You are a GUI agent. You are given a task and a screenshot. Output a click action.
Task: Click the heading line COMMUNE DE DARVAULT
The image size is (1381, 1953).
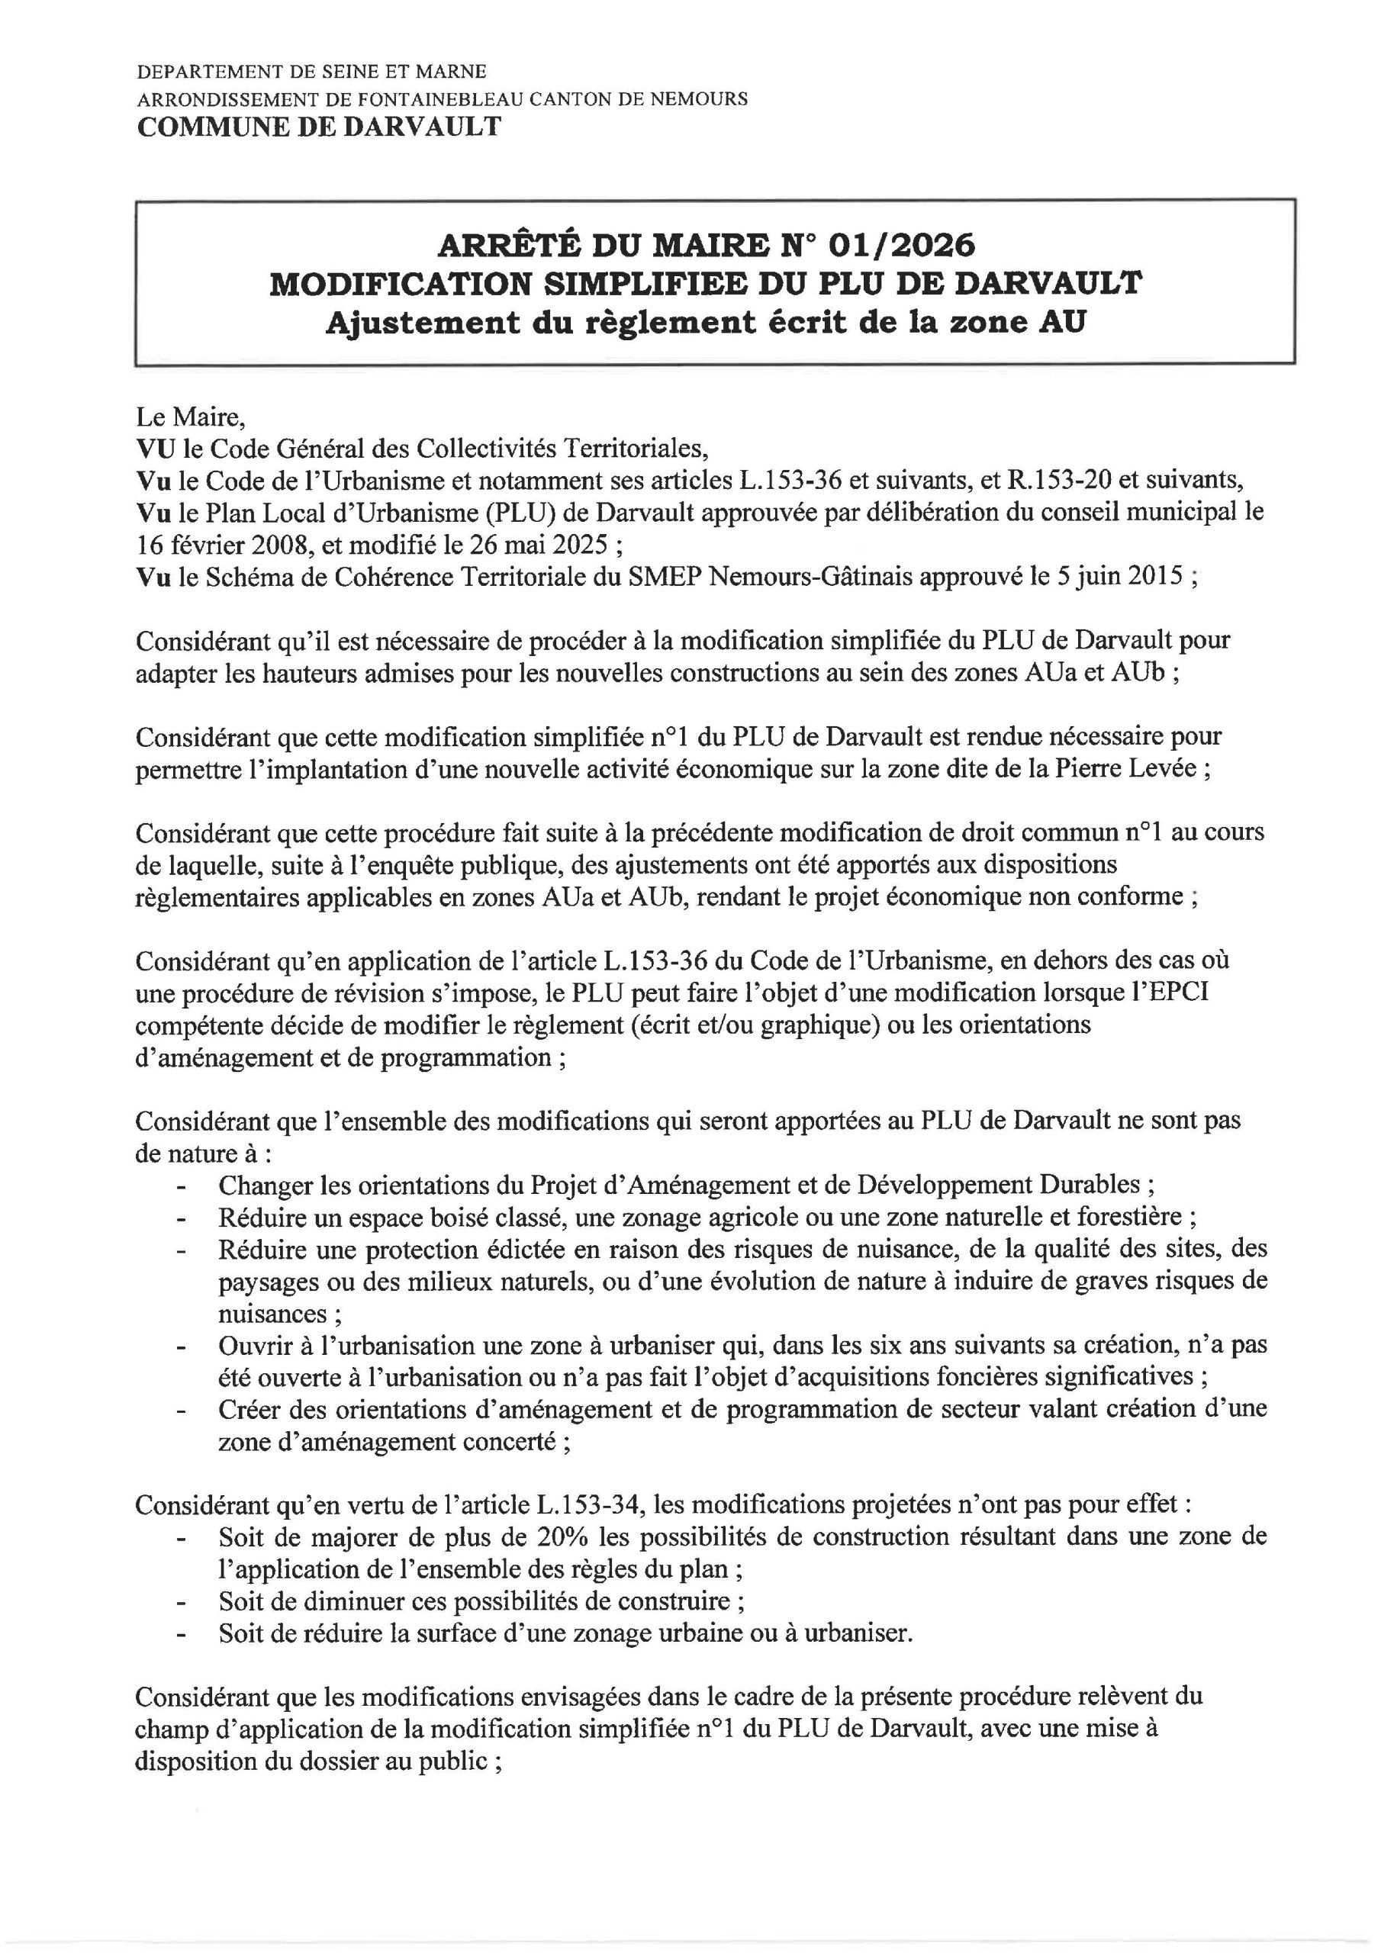[319, 127]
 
